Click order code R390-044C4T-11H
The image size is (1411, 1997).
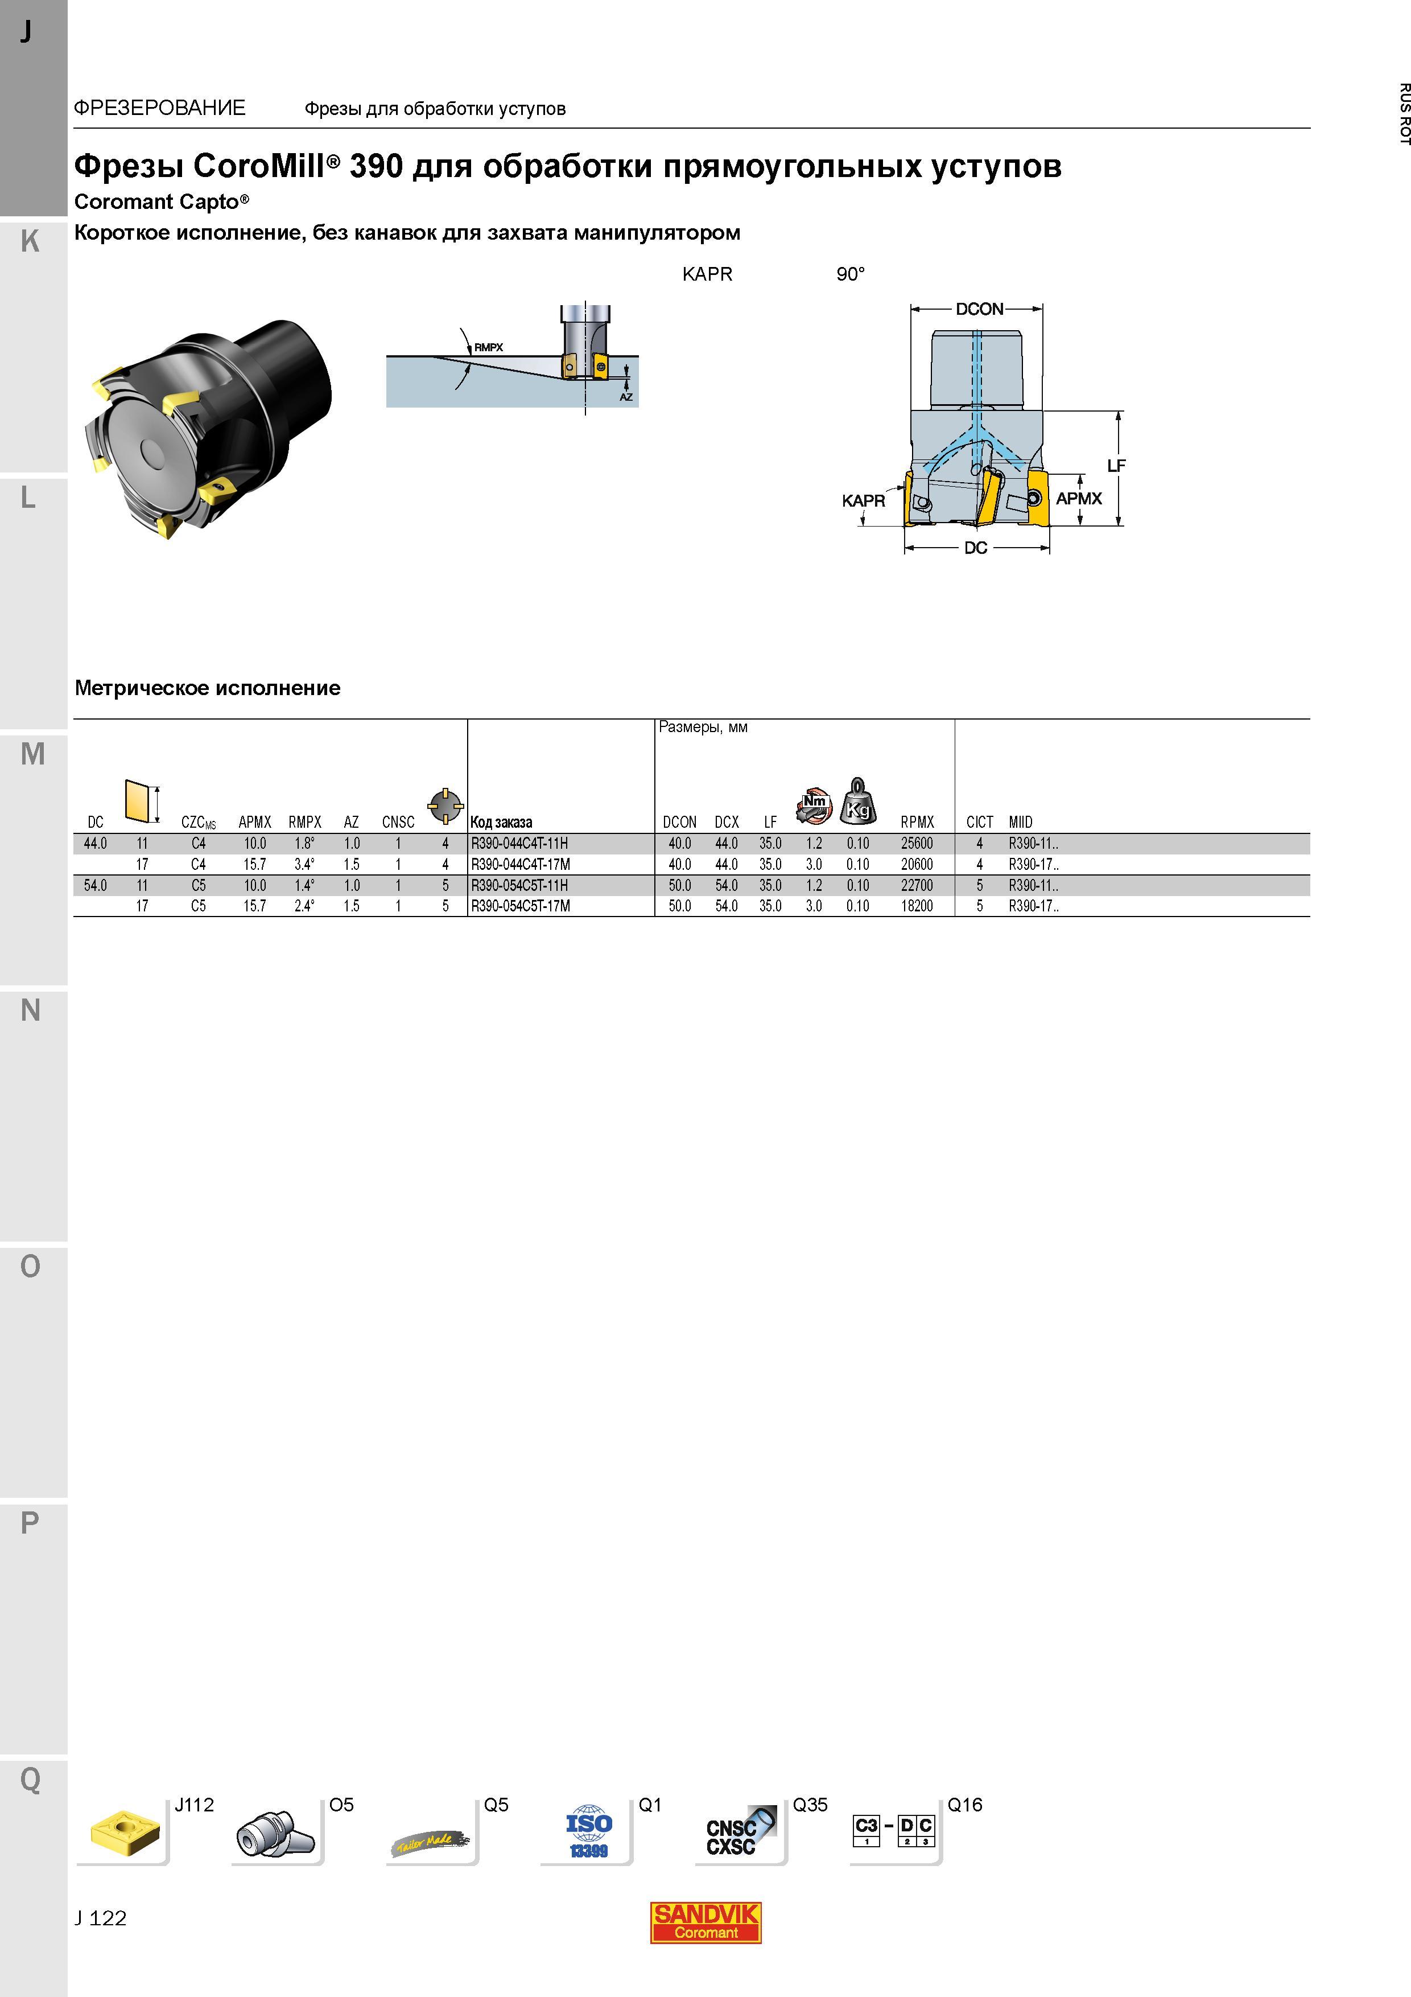pos(519,844)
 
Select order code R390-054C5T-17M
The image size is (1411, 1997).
pos(521,906)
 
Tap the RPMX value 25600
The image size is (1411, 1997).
pos(917,844)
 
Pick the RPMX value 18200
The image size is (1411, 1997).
pos(917,906)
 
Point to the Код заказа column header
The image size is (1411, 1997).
pos(501,822)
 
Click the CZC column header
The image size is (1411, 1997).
pos(198,822)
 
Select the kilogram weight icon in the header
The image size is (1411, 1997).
pos(858,800)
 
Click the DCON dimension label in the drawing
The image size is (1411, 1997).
pos(979,309)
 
